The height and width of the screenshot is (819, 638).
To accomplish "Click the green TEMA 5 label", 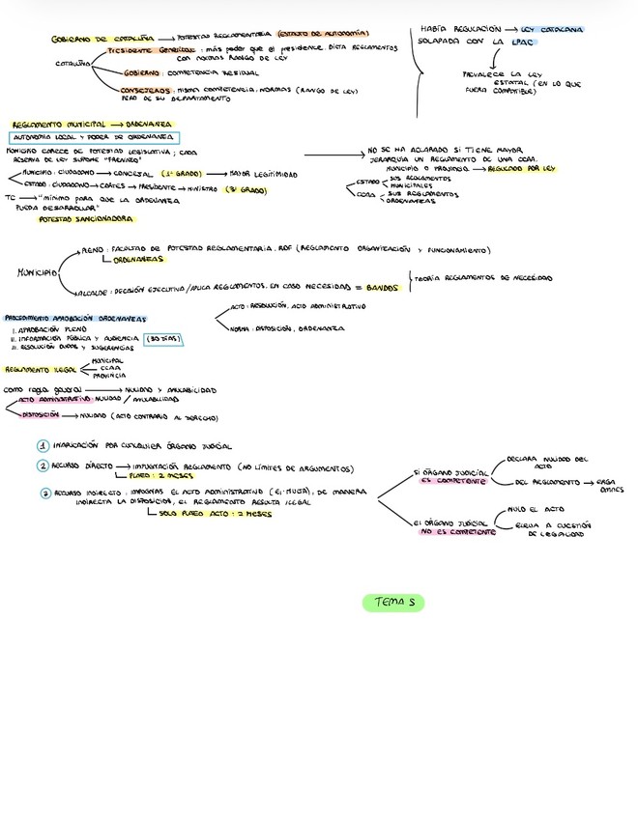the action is (x=393, y=603).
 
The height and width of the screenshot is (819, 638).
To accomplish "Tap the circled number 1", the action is (x=43, y=446).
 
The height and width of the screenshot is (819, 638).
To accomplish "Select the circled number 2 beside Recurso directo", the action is (x=43, y=466).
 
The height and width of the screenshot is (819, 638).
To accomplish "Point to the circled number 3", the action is (x=44, y=492).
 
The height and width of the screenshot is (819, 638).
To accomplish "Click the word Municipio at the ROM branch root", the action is (x=36, y=273).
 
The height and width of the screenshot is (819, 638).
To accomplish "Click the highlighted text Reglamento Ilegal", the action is (x=40, y=369).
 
